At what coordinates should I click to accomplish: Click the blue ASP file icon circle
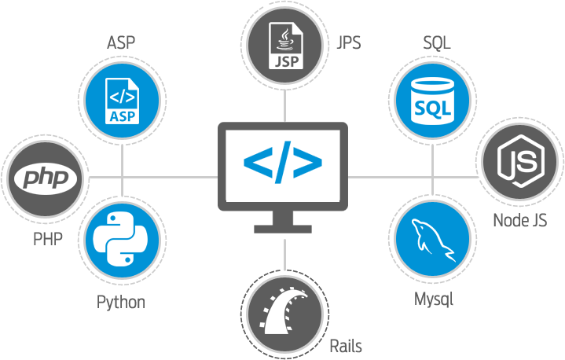122,100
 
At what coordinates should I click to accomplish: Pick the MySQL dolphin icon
432,236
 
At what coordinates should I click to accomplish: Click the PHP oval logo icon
46,178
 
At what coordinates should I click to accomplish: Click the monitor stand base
283,228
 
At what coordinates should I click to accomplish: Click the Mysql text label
434,299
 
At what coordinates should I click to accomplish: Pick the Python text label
121,302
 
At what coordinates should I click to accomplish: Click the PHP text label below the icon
48,238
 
